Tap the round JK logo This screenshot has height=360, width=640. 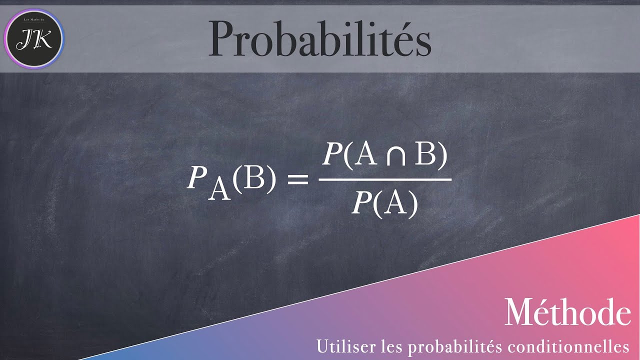coord(34,39)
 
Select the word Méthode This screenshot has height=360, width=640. coord(567,312)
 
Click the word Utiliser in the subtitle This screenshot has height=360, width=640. coord(337,345)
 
